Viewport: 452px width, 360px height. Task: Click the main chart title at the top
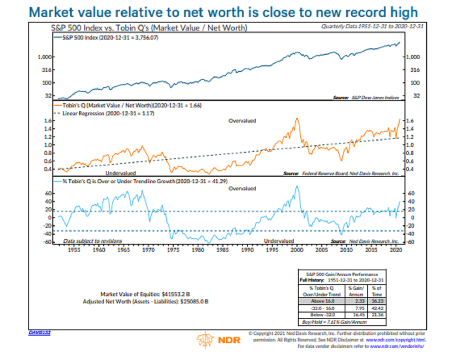tap(223, 12)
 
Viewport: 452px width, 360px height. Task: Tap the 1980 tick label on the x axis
tap(197, 250)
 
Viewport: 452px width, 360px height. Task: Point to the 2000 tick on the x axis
tap(297, 250)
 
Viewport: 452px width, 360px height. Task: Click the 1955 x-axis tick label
tap(74, 250)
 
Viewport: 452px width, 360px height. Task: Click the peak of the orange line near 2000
tap(297, 118)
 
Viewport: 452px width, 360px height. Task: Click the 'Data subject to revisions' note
tap(92, 241)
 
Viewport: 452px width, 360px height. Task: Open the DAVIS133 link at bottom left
tap(40, 332)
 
